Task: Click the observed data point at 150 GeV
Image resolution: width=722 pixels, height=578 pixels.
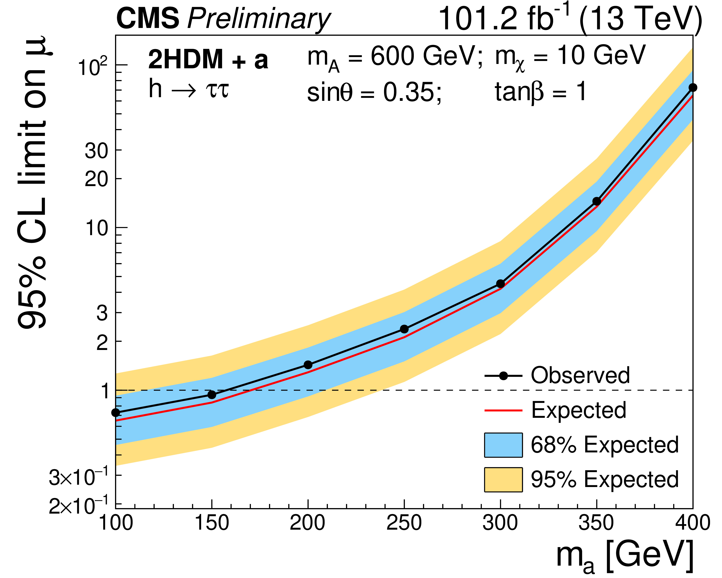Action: tap(212, 395)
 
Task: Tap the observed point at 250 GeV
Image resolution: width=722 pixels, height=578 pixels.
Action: tap(404, 329)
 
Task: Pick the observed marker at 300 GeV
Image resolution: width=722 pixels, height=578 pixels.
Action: tap(500, 284)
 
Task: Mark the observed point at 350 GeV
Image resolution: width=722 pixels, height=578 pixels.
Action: tap(597, 201)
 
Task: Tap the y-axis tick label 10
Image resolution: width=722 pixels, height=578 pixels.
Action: tap(97, 228)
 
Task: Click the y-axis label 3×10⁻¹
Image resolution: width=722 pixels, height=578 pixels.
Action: tap(78, 477)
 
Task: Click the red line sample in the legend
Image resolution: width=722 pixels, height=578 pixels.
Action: tap(503, 410)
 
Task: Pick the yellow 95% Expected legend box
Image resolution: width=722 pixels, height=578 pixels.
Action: tap(503, 479)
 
